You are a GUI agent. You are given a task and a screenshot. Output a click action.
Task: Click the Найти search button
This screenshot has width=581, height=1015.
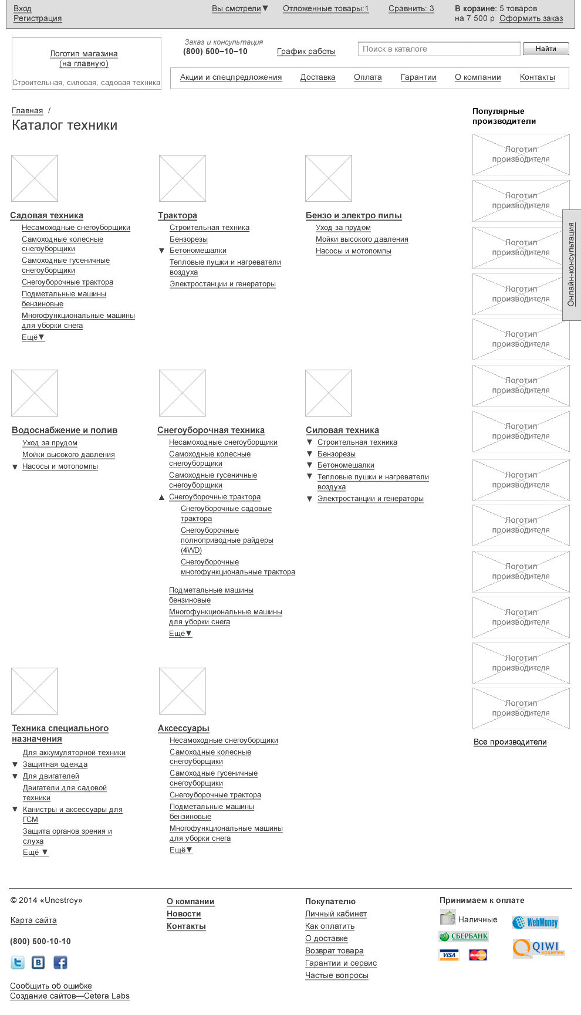click(x=545, y=49)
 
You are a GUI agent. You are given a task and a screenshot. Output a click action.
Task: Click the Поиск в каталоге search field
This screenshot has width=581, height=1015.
click(x=438, y=49)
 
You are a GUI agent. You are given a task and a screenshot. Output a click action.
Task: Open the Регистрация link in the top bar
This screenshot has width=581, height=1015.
click(x=38, y=18)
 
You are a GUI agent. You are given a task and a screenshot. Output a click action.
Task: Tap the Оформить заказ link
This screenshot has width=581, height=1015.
click(x=531, y=18)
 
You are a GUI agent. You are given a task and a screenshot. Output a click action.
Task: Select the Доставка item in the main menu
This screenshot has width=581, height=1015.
click(x=317, y=77)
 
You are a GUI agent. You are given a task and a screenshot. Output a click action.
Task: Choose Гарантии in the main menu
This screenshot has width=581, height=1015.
click(x=418, y=77)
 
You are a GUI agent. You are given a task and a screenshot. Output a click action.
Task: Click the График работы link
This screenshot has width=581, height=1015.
click(x=306, y=51)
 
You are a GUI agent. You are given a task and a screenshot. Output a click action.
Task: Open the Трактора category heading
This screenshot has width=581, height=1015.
click(x=177, y=215)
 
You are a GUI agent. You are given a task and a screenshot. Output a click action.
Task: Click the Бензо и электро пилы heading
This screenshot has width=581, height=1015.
click(x=353, y=215)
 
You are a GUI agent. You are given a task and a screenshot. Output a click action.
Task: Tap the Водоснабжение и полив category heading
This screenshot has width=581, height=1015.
click(x=65, y=430)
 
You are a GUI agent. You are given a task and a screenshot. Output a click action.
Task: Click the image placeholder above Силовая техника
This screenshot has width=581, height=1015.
click(x=329, y=393)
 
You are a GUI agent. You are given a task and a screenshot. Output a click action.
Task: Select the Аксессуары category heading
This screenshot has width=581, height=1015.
click(x=184, y=728)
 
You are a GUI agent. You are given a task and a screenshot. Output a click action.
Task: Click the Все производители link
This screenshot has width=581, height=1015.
click(x=510, y=742)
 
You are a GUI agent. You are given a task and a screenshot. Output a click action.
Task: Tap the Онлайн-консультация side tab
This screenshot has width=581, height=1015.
click(x=572, y=265)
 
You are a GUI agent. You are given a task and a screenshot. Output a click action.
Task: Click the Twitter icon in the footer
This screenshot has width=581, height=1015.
click(x=18, y=962)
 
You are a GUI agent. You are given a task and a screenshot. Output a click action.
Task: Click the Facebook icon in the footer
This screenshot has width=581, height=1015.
click(x=60, y=962)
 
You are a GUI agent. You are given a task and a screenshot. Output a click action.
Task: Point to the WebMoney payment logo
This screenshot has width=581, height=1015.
click(x=535, y=922)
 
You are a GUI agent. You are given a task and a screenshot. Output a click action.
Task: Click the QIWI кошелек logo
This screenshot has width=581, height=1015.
click(x=538, y=948)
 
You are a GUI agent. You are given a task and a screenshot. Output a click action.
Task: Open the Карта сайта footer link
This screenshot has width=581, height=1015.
click(x=33, y=920)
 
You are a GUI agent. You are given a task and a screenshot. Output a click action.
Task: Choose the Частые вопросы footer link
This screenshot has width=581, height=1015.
click(x=336, y=975)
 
